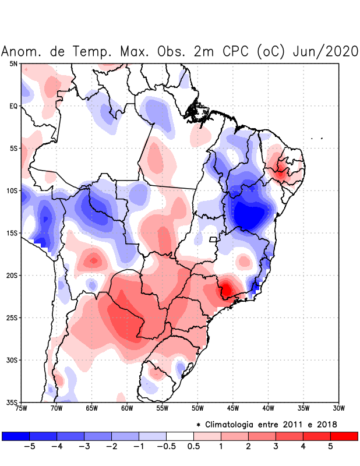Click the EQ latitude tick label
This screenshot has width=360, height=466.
tap(13, 106)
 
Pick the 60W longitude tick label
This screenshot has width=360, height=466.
tap(127, 408)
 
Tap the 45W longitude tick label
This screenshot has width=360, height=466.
tap(232, 408)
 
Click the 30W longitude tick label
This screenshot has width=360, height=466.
tap(338, 408)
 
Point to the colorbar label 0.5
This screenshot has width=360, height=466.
tap(193, 446)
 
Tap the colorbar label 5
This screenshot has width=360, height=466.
tap(330, 446)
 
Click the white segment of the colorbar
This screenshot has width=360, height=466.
tap(180, 436)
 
